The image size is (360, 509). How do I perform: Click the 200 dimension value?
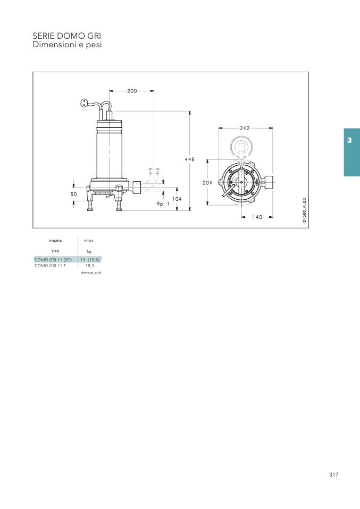[132, 91]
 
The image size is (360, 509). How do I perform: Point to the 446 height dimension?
[190, 159]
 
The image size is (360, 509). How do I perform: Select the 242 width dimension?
[245, 128]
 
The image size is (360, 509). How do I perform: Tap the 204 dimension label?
[207, 183]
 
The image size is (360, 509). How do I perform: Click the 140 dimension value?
[257, 217]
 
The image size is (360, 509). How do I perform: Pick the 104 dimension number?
[177, 199]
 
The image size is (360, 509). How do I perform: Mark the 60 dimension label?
[74, 194]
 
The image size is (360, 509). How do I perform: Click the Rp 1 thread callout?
[163, 204]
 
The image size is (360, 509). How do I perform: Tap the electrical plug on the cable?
[84, 103]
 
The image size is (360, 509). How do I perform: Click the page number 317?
[334, 474]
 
